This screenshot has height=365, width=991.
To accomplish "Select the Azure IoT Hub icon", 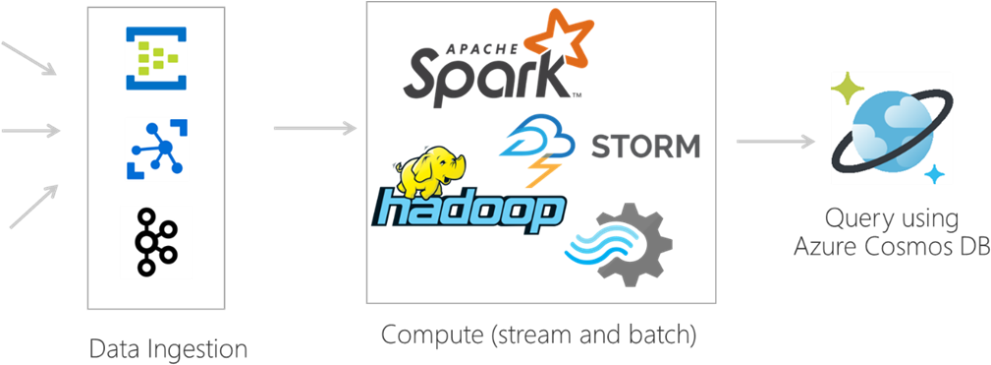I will (156, 148).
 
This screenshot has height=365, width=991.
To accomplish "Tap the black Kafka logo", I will (155, 240).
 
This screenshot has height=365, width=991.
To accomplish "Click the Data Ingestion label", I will (168, 348).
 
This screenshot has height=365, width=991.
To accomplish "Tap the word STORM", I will (645, 148).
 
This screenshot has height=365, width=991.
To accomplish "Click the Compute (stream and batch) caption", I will (538, 335).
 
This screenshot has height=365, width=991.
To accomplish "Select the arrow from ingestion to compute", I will (313, 128).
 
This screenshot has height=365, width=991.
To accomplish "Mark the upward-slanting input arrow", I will (32, 208).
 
